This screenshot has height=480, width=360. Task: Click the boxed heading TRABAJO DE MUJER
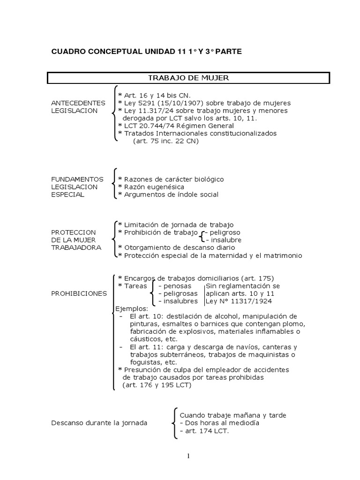188,78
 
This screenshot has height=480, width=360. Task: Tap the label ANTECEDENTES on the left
78,103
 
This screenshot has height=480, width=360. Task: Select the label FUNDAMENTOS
77,179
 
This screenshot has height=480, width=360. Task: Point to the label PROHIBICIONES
79,293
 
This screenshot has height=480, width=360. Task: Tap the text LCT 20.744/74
149,126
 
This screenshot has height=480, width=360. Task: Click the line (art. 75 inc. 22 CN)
166,141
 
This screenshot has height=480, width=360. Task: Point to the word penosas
173,285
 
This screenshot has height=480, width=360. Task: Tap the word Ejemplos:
132,308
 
